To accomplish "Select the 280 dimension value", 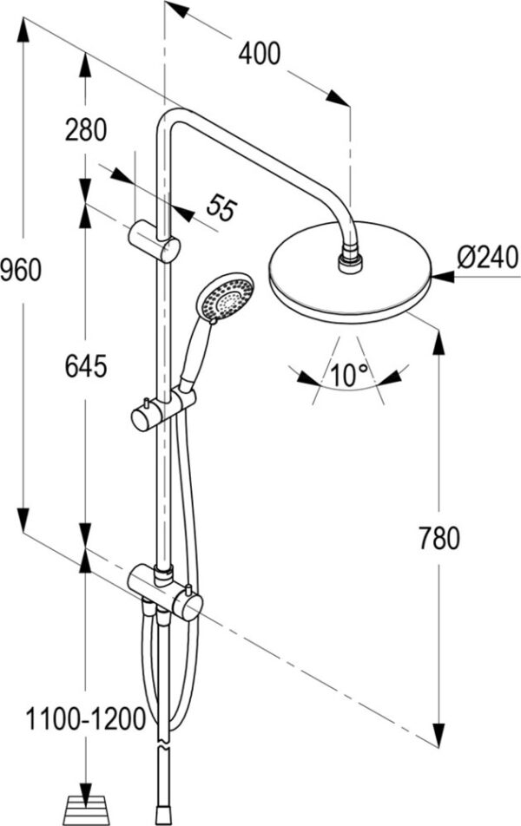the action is click(x=85, y=129).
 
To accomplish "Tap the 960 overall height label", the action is click(x=20, y=270).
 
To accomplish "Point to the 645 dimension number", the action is click(x=85, y=366).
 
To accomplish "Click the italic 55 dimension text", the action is click(x=221, y=207).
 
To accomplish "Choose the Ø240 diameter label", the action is click(x=488, y=258).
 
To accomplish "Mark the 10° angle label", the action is click(x=349, y=375).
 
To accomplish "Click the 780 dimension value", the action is click(x=439, y=538).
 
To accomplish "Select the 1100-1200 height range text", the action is click(x=85, y=718).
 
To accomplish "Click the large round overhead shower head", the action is click(x=350, y=272).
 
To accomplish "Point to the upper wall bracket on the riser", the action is click(x=155, y=242).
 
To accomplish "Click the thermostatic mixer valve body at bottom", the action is click(x=166, y=591).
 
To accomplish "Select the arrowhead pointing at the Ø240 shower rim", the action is click(x=443, y=276).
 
